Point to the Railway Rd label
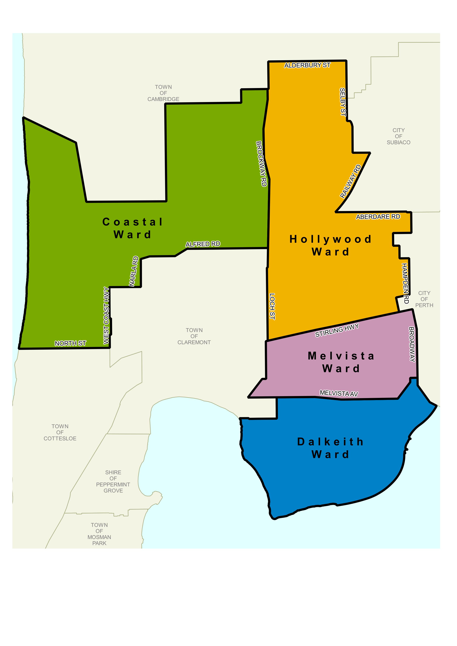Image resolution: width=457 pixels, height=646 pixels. coord(350,181)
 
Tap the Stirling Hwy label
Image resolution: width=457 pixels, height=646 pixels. coord(337,330)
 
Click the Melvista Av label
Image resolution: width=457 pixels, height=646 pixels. coord(339,393)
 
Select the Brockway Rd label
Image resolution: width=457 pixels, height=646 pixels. coord(261,164)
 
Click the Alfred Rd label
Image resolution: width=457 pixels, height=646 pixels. coord(203,244)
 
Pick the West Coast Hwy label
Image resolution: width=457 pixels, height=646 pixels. coord(106,315)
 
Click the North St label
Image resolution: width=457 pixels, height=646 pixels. coord(70,343)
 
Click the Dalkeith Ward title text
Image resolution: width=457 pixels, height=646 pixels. coord(330,448)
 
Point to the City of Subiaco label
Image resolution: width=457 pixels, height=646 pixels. coord(398,136)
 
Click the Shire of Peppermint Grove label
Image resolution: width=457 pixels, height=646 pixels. coord(113,481)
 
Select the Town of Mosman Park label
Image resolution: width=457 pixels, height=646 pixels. coord(99,534)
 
